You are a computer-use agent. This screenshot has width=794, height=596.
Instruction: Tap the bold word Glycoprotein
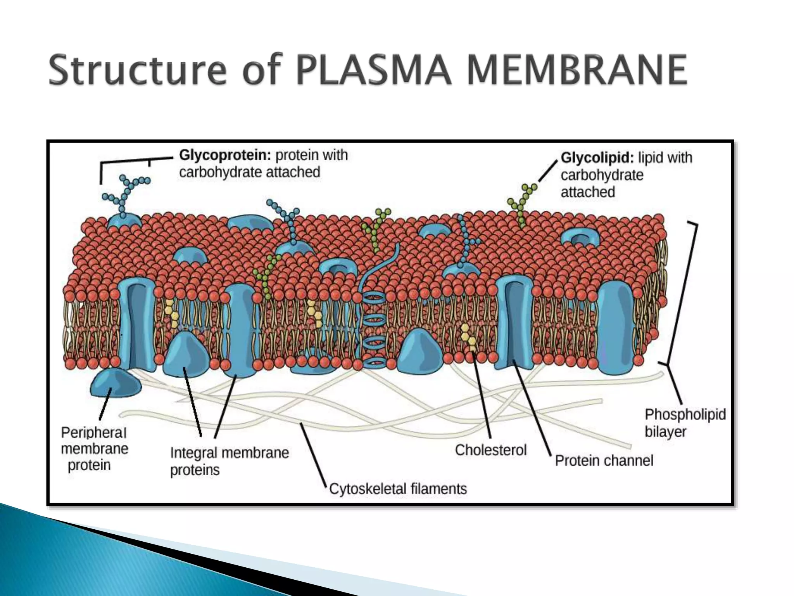click(225, 155)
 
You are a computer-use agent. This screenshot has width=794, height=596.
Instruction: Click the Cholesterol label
click(490, 450)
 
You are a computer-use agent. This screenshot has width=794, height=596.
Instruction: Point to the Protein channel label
click(604, 461)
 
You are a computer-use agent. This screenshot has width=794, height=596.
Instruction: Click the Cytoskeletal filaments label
click(398, 489)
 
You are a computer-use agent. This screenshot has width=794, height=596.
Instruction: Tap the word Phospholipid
click(685, 414)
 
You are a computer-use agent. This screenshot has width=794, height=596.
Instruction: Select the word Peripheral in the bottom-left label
click(94, 432)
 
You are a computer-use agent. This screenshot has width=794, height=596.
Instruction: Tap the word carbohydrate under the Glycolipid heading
click(602, 175)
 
